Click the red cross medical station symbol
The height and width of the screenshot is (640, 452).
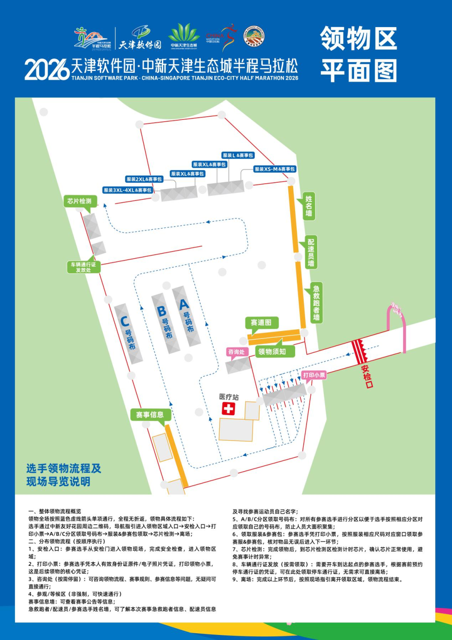[228, 409]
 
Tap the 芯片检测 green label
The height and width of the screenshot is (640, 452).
[80, 201]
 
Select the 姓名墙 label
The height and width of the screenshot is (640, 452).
[309, 206]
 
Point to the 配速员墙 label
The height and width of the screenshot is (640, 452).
[311, 252]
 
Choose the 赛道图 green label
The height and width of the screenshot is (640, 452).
[261, 322]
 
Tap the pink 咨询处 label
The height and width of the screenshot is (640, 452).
[236, 352]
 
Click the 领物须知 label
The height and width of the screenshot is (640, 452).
[272, 351]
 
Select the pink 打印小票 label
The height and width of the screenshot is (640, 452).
[314, 375]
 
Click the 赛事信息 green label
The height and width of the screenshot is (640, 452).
[150, 415]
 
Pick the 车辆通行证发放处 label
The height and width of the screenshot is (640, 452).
[83, 267]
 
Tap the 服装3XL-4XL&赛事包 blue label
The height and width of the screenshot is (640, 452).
[128, 190]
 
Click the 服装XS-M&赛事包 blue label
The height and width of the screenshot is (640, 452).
[275, 169]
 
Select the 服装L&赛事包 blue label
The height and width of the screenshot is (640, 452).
[238, 155]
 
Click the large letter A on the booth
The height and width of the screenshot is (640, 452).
[184, 304]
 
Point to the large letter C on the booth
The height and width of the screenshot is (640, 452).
[124, 321]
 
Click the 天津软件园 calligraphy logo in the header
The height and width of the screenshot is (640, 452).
[140, 44]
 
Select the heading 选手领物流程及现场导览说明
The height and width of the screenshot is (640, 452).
[64, 475]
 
